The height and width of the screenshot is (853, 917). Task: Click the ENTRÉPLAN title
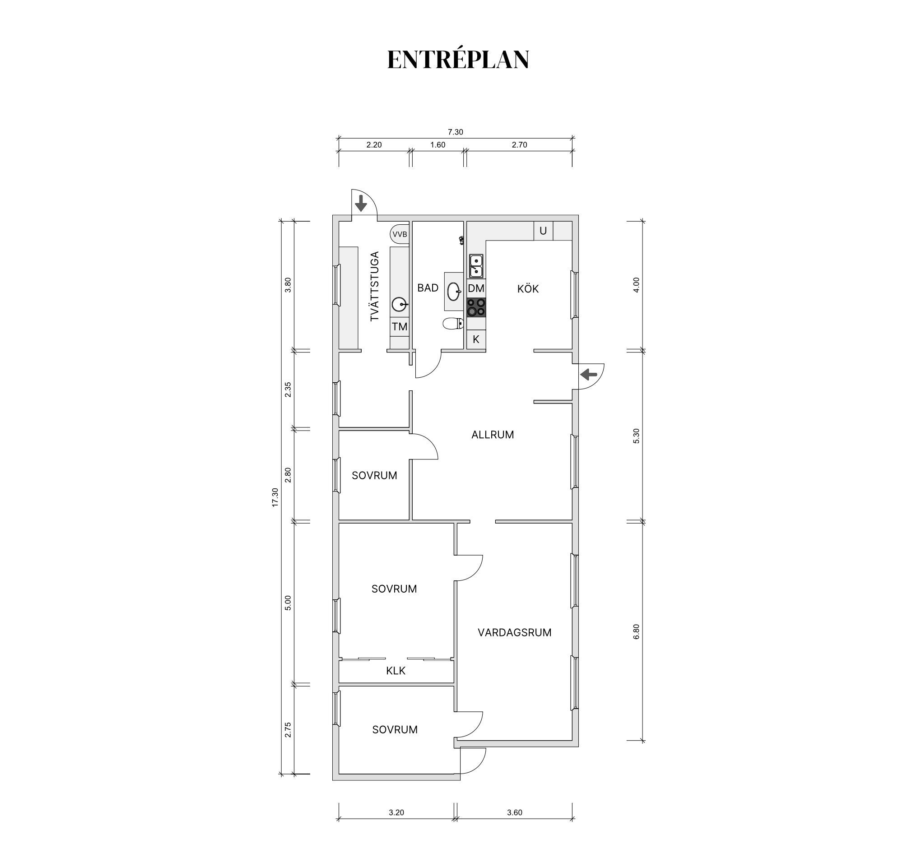pyautogui.click(x=458, y=60)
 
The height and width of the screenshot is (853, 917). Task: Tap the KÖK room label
pyautogui.click(x=528, y=289)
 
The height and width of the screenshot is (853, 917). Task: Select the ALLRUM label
pyautogui.click(x=492, y=435)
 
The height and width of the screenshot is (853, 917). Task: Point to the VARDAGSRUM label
pyautogui.click(x=514, y=633)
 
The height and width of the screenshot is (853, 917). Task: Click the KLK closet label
pyautogui.click(x=396, y=671)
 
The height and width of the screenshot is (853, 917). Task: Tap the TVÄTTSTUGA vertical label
pyautogui.click(x=375, y=286)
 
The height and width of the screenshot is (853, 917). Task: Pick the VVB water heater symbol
pyautogui.click(x=400, y=234)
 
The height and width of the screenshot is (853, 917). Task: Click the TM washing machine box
pyautogui.click(x=400, y=327)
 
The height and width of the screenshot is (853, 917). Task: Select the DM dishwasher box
pyautogui.click(x=476, y=289)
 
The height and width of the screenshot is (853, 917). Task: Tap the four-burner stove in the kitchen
pyautogui.click(x=476, y=307)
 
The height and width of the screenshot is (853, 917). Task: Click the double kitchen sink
pyautogui.click(x=476, y=266)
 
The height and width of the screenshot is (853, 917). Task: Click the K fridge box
pyautogui.click(x=476, y=339)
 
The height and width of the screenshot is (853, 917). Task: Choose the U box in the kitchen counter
pyautogui.click(x=543, y=231)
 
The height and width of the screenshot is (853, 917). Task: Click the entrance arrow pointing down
pyautogui.click(x=360, y=204)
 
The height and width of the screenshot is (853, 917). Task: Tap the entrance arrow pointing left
pyautogui.click(x=589, y=375)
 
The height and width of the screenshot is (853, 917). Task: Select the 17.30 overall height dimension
pyautogui.click(x=275, y=497)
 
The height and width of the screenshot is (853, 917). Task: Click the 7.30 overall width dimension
pyautogui.click(x=455, y=132)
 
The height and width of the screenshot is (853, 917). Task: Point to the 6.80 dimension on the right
pyautogui.click(x=637, y=631)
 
